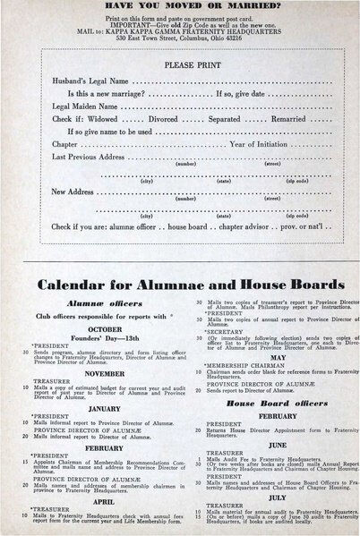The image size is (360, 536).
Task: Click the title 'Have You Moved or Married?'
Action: pyautogui.click(x=180, y=5)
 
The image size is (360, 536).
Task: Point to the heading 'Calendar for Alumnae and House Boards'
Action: pyautogui.click(x=180, y=287)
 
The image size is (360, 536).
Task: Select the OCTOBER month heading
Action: pyautogui.click(x=98, y=328)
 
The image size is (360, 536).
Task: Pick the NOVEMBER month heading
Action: pyautogui.click(x=98, y=374)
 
